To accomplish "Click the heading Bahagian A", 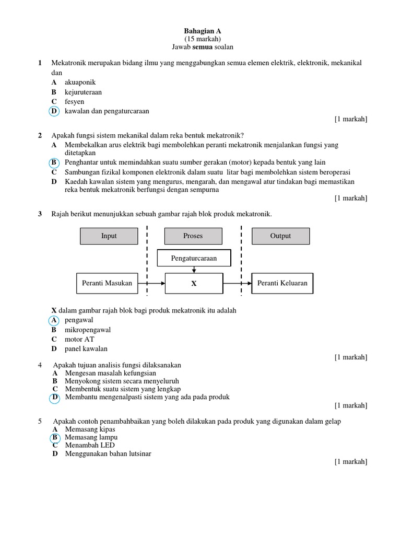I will pos(203,31).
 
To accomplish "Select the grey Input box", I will pos(109,236).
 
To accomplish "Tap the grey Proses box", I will pos(193,236).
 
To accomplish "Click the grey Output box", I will pos(280,236).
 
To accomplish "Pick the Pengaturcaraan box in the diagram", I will pos(194,258).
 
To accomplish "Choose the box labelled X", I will pos(194,284).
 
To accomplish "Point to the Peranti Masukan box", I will pos(107,283).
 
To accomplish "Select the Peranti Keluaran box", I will pos(282,283).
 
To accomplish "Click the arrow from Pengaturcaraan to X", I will pos(194,269).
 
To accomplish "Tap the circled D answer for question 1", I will pos(54,111).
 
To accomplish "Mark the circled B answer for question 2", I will pos(54,162).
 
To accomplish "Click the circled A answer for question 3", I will pos(54,320).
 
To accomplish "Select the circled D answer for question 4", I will pos(54,398).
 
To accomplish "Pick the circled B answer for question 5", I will pos(54,437).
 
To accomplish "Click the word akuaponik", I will pos(80,83).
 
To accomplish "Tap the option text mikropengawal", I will pos(88,330).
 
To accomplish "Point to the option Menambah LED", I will pos(90,445).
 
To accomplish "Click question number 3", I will pos(40,214).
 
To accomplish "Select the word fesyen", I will pos(74,102).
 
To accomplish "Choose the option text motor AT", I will pos(80,340).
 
